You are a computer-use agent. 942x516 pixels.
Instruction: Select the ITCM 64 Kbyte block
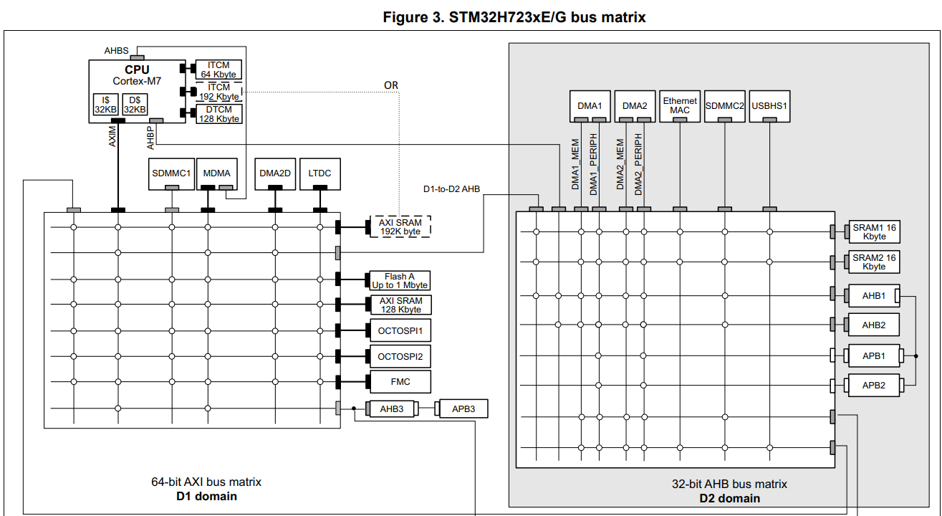point(219,70)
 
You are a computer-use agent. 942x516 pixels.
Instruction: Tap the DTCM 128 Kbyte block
point(219,114)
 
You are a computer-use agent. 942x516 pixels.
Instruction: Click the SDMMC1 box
point(172,173)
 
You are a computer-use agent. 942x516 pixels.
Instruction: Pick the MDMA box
point(216,173)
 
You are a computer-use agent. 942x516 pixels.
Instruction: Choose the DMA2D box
point(275,173)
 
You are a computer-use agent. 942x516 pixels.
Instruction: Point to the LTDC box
point(319,173)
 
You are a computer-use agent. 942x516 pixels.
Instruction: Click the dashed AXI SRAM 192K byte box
point(400,227)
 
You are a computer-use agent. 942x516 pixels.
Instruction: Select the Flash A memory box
point(399,281)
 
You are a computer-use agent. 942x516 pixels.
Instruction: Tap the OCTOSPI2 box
point(400,356)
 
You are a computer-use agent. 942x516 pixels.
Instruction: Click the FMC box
point(400,382)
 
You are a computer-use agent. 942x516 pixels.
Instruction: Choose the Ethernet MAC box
point(680,106)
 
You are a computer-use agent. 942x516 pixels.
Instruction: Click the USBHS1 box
point(769,106)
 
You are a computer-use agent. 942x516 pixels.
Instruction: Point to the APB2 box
point(873,385)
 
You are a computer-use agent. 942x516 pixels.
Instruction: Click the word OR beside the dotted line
point(390,85)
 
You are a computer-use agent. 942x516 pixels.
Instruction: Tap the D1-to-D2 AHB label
point(451,189)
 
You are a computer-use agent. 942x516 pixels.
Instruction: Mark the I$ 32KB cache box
point(106,105)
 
